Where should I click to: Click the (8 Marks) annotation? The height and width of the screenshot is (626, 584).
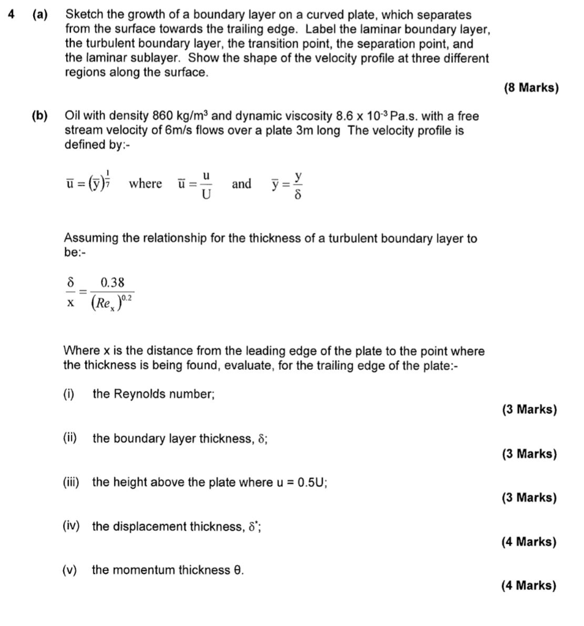tap(531, 88)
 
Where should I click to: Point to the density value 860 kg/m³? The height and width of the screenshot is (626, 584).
tap(176, 116)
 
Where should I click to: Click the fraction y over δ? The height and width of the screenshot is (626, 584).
tap(298, 184)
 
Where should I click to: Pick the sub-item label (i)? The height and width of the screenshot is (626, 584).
tap(69, 394)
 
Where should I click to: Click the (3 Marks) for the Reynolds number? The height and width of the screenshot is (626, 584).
tap(530, 410)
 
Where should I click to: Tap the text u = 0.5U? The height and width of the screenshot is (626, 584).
tap(300, 482)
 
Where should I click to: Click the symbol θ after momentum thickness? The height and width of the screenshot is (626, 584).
tap(238, 570)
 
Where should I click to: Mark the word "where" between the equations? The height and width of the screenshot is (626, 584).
tap(145, 184)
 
